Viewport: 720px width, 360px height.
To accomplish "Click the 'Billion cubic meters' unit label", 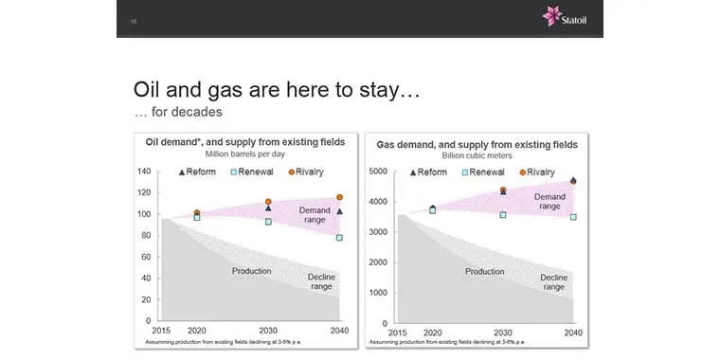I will (x=477, y=153).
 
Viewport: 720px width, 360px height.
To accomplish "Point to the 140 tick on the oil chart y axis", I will (x=145, y=171).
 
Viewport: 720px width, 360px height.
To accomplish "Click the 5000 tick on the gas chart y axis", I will (x=376, y=171).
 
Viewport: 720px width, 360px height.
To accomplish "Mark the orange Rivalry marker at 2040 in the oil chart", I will (x=340, y=198).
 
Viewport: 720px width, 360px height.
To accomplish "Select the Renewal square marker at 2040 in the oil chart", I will (x=340, y=238).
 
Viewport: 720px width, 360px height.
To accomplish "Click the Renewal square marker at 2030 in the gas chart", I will (x=503, y=215).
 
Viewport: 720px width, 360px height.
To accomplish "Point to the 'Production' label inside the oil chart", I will (x=252, y=271).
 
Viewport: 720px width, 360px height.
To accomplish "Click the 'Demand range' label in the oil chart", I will (x=315, y=214).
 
